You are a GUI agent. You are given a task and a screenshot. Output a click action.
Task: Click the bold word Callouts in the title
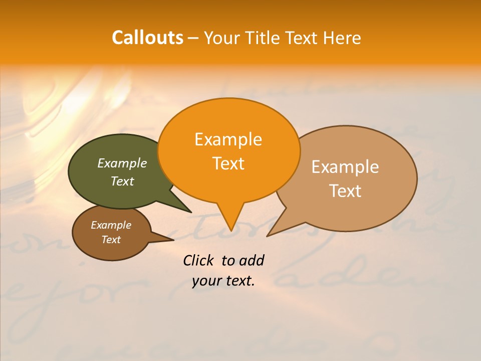(147, 38)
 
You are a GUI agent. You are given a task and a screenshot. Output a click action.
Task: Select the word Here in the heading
(341, 38)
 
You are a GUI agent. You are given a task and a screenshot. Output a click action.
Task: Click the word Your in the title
(222, 38)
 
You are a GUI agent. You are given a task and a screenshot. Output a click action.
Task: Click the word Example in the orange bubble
(228, 139)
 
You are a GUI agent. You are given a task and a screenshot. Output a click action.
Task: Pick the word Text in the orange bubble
(228, 163)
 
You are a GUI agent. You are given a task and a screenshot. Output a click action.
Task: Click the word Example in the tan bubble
(345, 167)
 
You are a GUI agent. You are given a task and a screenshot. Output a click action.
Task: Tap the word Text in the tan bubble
(345, 191)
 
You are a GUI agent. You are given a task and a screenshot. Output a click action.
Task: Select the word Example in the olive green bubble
(122, 163)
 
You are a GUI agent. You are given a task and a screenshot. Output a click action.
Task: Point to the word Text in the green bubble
(122, 181)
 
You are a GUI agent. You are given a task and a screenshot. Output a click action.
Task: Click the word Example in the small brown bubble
(111, 225)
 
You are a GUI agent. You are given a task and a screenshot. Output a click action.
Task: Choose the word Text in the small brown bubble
(111, 240)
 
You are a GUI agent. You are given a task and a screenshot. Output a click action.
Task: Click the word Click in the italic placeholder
(198, 260)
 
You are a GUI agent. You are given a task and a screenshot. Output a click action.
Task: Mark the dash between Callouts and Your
(193, 38)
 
